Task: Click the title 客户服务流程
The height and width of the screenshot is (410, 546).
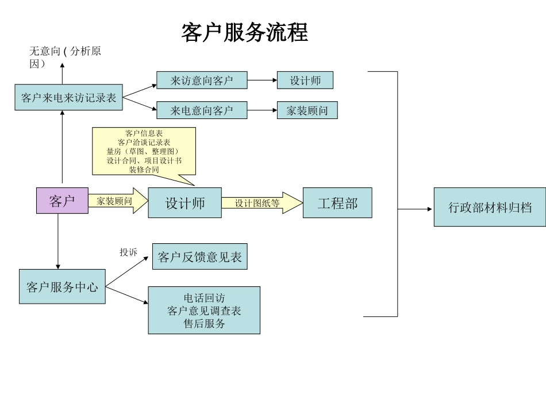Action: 245,33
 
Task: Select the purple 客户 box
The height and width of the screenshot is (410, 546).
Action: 62,201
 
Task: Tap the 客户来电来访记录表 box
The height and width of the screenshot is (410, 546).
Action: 69,98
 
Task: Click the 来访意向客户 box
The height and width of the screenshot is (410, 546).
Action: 202,81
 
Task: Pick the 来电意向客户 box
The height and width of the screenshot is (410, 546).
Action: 202,110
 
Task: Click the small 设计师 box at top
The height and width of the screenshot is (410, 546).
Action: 305,81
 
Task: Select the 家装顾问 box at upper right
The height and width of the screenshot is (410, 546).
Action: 307,110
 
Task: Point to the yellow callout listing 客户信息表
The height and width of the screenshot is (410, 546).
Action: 144,151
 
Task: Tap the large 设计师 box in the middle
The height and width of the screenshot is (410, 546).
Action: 184,203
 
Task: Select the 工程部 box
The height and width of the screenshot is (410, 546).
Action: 337,203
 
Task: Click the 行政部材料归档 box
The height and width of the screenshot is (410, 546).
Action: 490,207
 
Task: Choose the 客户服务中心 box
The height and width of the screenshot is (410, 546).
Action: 62,286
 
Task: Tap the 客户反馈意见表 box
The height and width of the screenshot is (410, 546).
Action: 199,256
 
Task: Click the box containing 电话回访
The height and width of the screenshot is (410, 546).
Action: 204,310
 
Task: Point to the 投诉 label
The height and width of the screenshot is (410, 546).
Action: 128,252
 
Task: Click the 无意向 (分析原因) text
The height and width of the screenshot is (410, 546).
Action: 64,57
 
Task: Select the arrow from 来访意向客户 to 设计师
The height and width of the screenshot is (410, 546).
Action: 262,81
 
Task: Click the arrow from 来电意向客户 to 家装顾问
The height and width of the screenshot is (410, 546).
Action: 262,110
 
